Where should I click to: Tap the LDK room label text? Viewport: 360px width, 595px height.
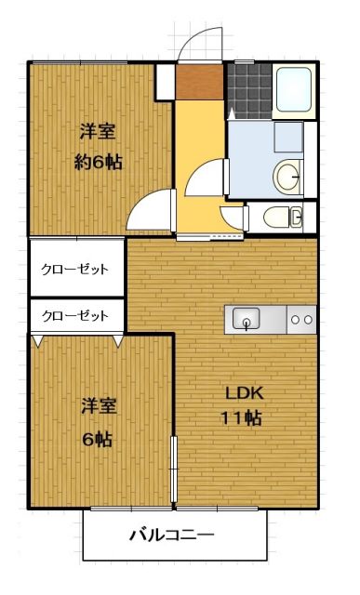[x=240, y=391]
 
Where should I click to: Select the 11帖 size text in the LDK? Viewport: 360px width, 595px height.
[x=240, y=417]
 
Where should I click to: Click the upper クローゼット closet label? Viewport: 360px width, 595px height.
[x=74, y=269]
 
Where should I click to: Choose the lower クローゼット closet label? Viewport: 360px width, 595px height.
[x=74, y=315]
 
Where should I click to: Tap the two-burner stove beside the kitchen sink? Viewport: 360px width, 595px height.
[x=302, y=319]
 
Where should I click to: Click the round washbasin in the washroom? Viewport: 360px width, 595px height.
[x=288, y=174]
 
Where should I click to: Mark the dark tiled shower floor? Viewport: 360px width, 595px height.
[x=248, y=91]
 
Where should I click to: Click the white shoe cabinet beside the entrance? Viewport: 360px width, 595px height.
[x=164, y=81]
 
